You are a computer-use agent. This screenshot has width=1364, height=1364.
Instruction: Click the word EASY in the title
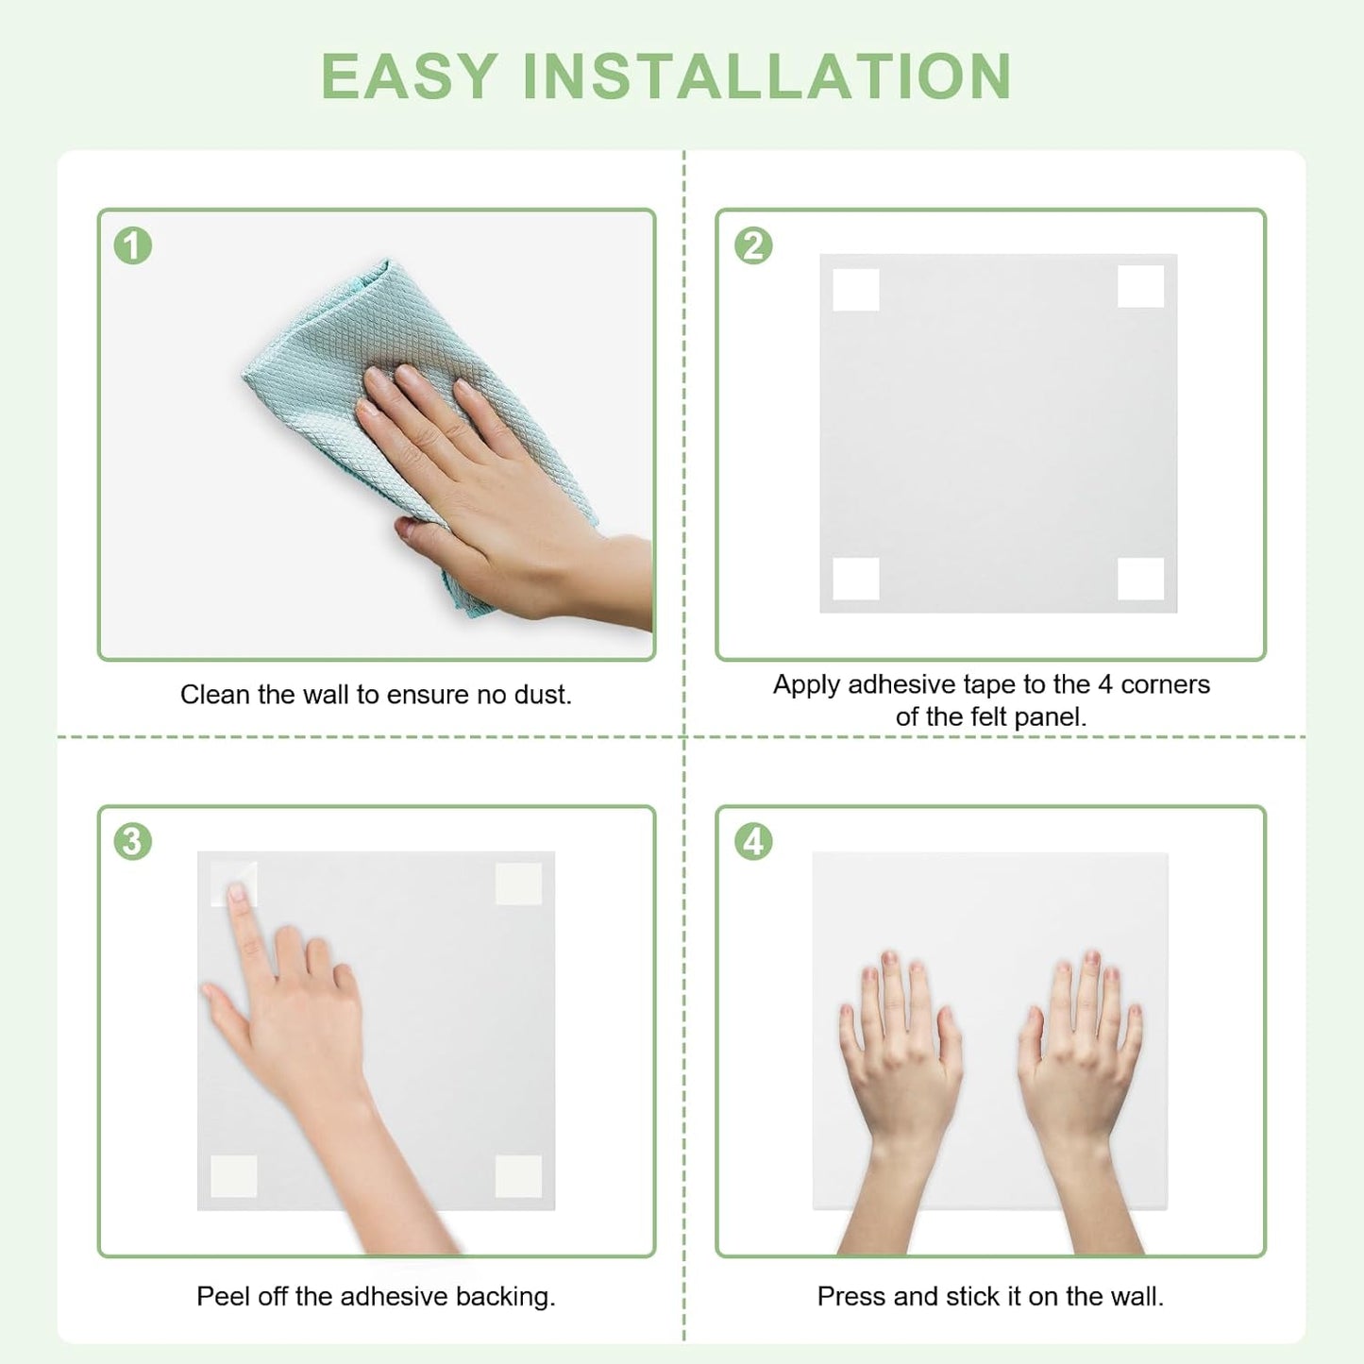pos(409,76)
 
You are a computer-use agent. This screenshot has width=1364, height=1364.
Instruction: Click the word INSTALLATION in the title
pos(766,76)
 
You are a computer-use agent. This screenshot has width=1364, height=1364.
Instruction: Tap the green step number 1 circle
pos(133,245)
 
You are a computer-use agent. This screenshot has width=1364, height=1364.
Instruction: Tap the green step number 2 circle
pos(753,245)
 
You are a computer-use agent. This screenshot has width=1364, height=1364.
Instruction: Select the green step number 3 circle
pos(133,842)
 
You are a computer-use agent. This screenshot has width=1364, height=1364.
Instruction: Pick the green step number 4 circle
pos(753,842)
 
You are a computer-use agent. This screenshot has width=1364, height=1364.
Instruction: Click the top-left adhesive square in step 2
pos(856,290)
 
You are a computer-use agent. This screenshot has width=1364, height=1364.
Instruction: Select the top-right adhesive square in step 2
pos(1140,286)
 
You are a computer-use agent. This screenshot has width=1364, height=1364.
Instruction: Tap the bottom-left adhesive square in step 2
pos(856,579)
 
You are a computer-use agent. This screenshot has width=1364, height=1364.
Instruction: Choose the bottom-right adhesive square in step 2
pos(1140,579)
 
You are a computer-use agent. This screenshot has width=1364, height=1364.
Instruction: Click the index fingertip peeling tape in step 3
pos(237,893)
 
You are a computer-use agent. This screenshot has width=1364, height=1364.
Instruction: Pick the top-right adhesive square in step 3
pos(519,884)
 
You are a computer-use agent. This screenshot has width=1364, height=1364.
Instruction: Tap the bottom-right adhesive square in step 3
pos(519,1176)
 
